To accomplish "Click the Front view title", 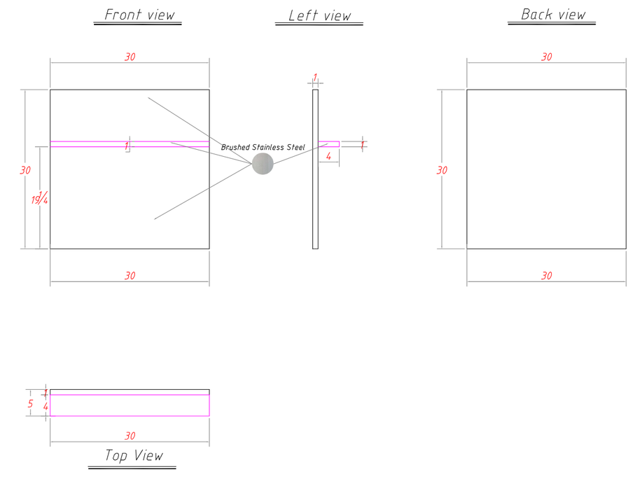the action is (x=140, y=15).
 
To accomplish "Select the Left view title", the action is (x=319, y=15).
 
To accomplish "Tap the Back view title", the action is (x=553, y=15).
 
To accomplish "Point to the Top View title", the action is (x=134, y=456).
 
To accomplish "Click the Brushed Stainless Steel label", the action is (x=263, y=148).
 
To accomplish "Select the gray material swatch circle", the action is (x=263, y=164).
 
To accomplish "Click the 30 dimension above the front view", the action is (x=130, y=57).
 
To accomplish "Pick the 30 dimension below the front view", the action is (x=130, y=276).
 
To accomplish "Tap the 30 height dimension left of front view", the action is (x=25, y=170).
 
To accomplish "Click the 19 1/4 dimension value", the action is (x=40, y=198).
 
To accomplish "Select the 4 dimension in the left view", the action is (x=328, y=156).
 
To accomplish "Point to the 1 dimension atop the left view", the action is (x=315, y=77).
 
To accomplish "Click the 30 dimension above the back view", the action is (x=547, y=57).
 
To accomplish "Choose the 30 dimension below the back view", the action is (x=547, y=276).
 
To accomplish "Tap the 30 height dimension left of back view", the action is (x=442, y=170).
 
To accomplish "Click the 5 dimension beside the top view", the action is (x=30, y=404).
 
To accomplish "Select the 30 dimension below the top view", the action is (x=130, y=436).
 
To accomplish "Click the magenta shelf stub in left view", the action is (x=329, y=144).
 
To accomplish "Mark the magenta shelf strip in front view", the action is (x=130, y=144).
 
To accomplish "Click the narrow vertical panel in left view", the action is (x=316, y=169).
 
